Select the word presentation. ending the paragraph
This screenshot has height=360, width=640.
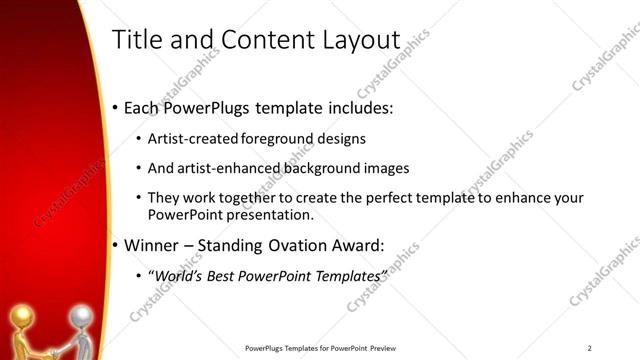point(271,215)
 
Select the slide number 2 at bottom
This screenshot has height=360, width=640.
point(589,348)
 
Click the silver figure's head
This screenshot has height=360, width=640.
point(79,318)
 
